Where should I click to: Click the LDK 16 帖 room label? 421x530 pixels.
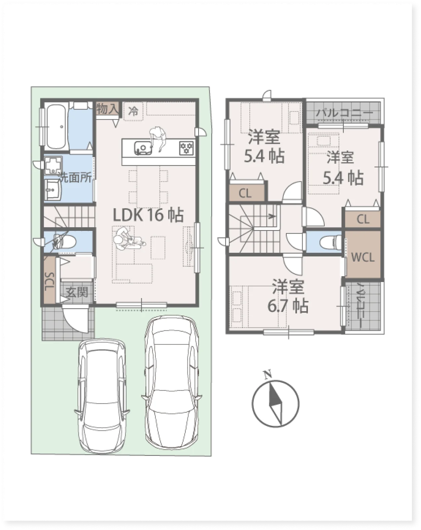(148, 215)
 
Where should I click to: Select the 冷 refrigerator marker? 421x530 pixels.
(133, 112)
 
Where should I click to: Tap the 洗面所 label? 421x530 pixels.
(76, 177)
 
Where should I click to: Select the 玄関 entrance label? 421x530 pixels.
(77, 293)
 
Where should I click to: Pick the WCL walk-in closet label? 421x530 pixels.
(363, 258)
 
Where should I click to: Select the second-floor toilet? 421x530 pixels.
(330, 241)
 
